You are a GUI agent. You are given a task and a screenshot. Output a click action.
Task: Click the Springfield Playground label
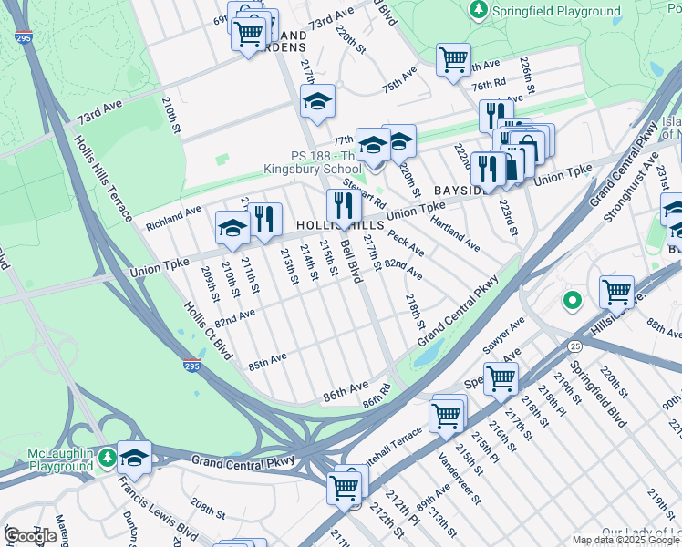[x=556, y=11]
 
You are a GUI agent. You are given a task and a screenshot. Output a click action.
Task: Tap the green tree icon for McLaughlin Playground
[x=108, y=455]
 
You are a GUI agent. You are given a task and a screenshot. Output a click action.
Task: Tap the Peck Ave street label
[x=406, y=242]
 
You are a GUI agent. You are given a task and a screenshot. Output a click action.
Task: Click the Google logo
[x=30, y=535]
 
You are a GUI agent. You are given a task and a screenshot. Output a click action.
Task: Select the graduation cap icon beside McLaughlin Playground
[x=135, y=458]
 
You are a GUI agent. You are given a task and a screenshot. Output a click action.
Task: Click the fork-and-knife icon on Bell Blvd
[x=344, y=205]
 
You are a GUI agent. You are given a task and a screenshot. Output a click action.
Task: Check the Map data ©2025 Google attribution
[x=625, y=540]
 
